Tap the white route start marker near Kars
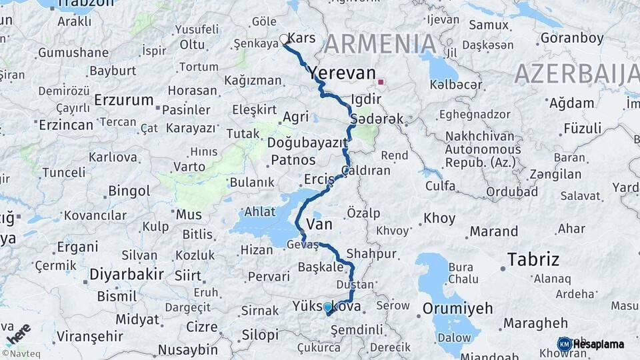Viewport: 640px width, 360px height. click(284, 39)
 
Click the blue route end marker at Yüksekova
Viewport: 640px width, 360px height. click(327, 307)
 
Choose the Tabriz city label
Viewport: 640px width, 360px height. click(533, 259)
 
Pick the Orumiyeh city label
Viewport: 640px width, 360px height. click(457, 309)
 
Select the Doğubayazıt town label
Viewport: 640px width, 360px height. click(307, 143)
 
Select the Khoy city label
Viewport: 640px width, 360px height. click(439, 218)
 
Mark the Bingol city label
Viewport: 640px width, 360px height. click(129, 191)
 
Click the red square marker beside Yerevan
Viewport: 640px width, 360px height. click(381, 82)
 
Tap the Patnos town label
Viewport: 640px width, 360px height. click(293, 160)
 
